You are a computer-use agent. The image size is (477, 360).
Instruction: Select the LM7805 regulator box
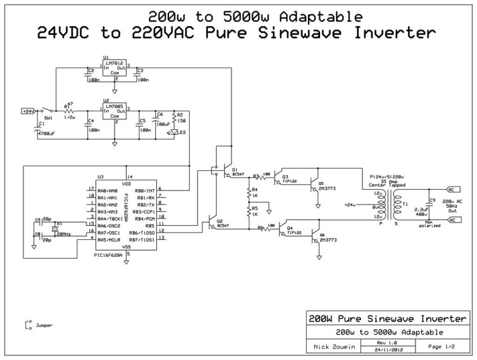coord(115,112)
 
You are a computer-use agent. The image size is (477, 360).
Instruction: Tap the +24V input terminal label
coord(28,111)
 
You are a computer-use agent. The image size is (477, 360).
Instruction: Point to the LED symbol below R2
coord(175,132)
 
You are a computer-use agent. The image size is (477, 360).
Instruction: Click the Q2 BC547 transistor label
coord(222,224)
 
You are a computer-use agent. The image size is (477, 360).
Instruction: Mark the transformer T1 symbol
coord(397,205)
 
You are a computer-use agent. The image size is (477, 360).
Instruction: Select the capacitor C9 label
coord(431,200)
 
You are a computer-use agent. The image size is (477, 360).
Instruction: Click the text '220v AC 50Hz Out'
coord(452,207)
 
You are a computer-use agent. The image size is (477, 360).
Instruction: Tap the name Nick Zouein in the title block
coord(331,347)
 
